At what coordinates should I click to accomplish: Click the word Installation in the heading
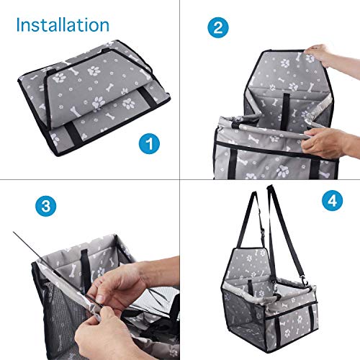click(63, 25)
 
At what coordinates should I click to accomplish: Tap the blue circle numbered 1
click(149, 143)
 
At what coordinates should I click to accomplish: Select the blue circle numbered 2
click(218, 27)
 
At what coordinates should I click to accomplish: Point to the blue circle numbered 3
click(46, 206)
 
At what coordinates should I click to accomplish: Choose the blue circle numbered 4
click(332, 200)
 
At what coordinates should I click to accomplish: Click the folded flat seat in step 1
click(94, 97)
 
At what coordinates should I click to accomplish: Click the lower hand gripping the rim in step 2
click(330, 143)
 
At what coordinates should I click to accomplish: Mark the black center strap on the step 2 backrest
click(285, 108)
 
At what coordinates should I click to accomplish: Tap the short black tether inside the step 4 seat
click(251, 287)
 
